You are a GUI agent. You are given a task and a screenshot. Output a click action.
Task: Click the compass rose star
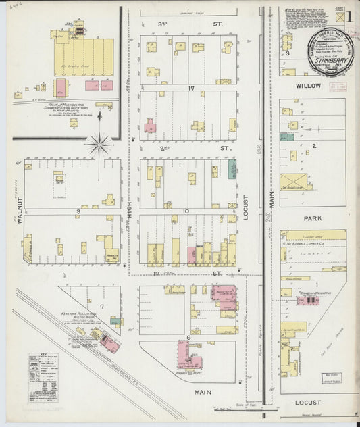(99, 143)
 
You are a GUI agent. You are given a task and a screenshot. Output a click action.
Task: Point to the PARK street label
(312, 219)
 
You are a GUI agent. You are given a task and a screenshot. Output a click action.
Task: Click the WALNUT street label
(20, 210)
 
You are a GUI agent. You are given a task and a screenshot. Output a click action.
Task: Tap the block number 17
(192, 89)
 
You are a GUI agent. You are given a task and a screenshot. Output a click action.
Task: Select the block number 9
(78, 211)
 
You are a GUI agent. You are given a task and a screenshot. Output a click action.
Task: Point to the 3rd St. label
(161, 24)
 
